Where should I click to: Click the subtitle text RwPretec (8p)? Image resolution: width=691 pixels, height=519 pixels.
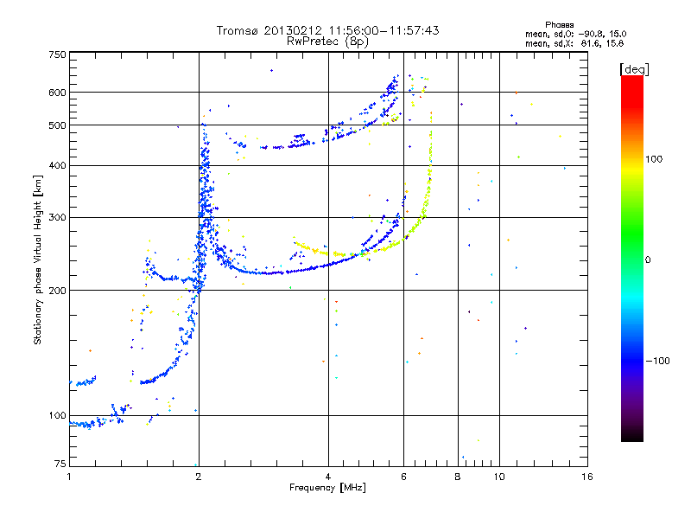[x=327, y=42]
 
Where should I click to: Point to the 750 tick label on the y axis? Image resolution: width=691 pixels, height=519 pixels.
[x=57, y=54]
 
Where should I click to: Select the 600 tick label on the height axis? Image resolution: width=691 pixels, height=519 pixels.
[x=57, y=93]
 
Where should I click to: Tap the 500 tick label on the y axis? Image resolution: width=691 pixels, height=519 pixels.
[x=57, y=125]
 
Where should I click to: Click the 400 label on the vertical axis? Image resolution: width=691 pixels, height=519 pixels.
[x=57, y=165]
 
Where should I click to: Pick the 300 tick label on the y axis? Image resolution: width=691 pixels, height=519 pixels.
[x=57, y=217]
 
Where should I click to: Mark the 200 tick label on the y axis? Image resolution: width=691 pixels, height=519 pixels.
[x=57, y=291]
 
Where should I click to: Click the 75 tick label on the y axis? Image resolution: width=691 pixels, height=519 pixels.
[x=60, y=464]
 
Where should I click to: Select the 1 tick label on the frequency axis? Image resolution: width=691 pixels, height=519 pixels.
[x=69, y=477]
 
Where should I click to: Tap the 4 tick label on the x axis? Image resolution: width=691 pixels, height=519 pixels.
[x=328, y=477]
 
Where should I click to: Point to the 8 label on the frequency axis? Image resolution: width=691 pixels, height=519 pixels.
[x=458, y=477]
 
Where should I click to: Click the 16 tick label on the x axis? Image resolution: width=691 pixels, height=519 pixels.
[x=587, y=477]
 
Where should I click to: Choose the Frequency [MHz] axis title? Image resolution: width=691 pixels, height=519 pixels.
[x=327, y=488]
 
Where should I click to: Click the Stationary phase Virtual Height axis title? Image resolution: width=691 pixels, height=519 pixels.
[x=38, y=259]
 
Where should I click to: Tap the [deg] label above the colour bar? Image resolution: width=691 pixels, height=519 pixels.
[x=634, y=69]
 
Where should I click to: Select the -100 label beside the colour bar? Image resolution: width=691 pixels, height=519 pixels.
[x=657, y=361]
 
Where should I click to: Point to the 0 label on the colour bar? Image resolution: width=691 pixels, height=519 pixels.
[x=648, y=260]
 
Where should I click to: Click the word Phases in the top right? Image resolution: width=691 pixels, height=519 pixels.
[x=559, y=25]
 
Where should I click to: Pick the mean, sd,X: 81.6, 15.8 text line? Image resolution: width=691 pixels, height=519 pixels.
[x=574, y=44]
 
